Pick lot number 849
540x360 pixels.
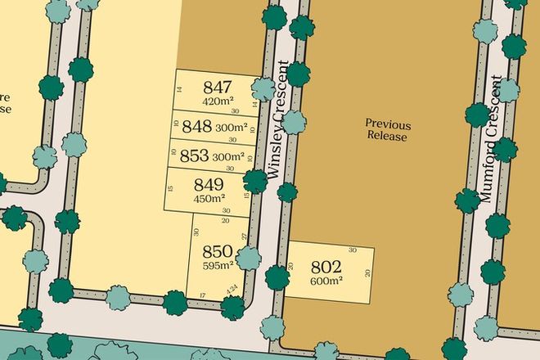209,184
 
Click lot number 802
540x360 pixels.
326,267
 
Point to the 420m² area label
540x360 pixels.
218,101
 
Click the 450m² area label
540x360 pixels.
209,198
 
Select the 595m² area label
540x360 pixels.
218,264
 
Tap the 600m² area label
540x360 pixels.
326,281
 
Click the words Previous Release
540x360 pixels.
387,131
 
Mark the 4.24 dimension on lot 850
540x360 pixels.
232,288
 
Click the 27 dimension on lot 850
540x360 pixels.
244,236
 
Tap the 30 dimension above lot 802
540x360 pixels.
353,250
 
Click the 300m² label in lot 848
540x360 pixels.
232,127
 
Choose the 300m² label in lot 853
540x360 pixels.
228,156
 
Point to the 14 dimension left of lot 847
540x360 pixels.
178,89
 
